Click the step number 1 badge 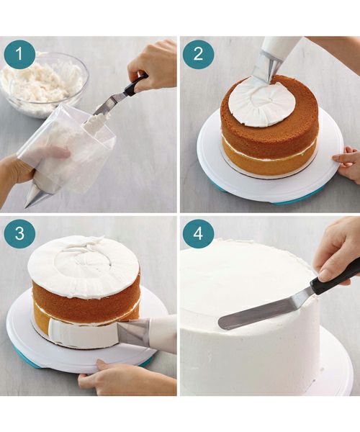click(x=19, y=54)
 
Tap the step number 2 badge click(x=198, y=54)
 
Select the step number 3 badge click(x=19, y=233)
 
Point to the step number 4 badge click(x=198, y=233)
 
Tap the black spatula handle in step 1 click(x=135, y=85)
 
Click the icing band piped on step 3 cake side click(x=83, y=333)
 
